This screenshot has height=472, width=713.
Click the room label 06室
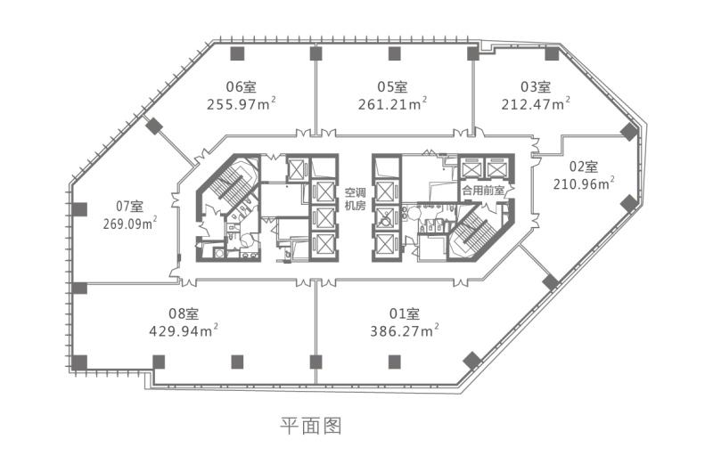coord(241,86)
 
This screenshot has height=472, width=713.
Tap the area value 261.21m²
coord(392,104)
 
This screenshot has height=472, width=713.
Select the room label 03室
coord(536,86)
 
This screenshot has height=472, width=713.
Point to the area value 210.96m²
coord(584,183)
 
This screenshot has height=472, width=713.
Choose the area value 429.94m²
coord(184,330)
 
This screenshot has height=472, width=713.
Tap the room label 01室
coord(405,313)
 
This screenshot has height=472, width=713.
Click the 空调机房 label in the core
coord(355,199)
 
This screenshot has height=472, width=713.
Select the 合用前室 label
coord(483,191)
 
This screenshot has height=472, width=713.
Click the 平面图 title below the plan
coord(310,426)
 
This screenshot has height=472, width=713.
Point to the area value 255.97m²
coord(242,104)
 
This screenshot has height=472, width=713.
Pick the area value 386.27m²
coord(405,330)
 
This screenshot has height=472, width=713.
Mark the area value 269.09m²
coord(130,224)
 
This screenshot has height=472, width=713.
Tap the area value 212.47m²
coord(537,104)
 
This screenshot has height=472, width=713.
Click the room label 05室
coord(392,86)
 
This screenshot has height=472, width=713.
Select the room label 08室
coord(184,313)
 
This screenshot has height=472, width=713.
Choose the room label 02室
coord(584,167)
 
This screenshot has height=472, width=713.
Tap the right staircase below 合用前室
coord(475,230)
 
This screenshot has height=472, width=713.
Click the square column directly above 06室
coord(237,53)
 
